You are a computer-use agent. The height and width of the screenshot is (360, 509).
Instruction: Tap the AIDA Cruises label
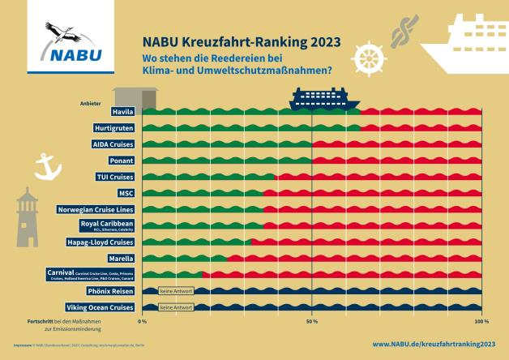coord(113,144)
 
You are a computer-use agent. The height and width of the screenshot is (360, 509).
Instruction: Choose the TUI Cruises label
coord(114,177)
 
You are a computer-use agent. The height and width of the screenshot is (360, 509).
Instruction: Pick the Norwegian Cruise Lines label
coord(96,209)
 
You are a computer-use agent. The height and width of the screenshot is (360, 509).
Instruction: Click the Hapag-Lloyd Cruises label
coord(100,242)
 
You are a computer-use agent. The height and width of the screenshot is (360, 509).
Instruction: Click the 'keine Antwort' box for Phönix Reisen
coord(176,291)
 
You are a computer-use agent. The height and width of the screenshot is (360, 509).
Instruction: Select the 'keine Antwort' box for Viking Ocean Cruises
coord(176,307)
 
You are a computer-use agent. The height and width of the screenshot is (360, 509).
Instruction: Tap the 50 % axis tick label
coord(312,322)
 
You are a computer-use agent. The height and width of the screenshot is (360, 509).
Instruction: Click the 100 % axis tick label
coord(481,322)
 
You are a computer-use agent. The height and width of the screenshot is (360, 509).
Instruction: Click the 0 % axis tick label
coord(142,322)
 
